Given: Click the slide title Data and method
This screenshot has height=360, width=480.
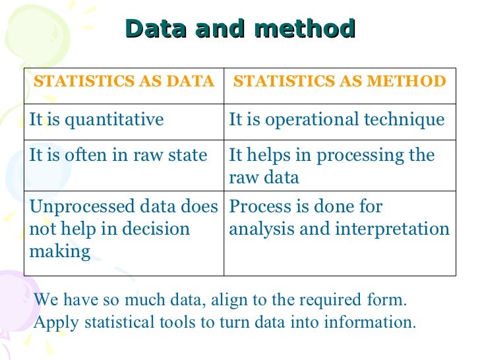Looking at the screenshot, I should coord(240,29).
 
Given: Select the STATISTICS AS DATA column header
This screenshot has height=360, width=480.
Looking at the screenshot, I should coord(124,82).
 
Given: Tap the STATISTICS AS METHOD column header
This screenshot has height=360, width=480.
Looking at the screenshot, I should coord(340,82).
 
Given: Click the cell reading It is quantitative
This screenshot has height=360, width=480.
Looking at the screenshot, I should coord(97,120).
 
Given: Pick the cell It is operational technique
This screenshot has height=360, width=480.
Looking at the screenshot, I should coord(336,120).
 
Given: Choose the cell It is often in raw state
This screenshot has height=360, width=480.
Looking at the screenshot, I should coord(118,156).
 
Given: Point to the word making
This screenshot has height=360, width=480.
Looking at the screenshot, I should coord(59,252).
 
